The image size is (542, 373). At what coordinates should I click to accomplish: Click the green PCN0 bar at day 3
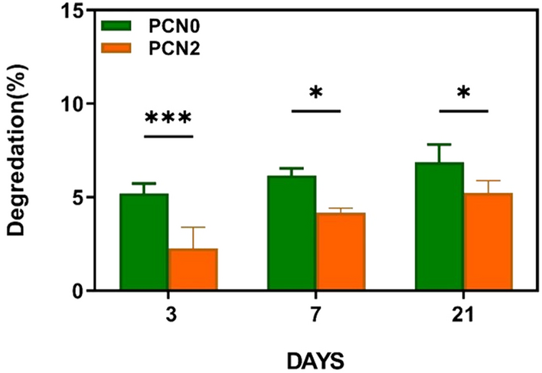click(144, 242)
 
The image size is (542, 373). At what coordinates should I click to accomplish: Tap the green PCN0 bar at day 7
click(292, 233)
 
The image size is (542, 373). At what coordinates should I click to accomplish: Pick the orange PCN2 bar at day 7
click(341, 251)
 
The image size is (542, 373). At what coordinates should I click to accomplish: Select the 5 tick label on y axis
click(75, 197)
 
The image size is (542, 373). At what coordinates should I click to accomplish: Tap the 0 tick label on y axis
click(75, 291)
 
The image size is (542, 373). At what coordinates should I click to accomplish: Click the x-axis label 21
click(464, 315)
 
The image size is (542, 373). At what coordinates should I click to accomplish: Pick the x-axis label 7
click(316, 315)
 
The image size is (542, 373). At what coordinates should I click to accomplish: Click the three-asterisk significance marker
click(168, 119)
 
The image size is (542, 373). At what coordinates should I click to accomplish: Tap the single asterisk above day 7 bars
click(316, 94)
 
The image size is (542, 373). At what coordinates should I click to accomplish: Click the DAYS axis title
click(316, 357)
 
